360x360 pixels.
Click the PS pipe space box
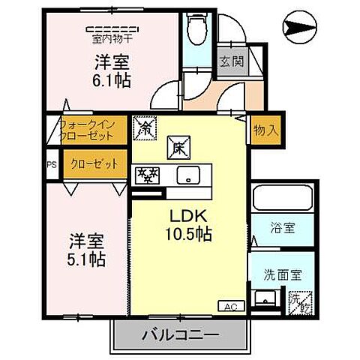(x=52, y=165)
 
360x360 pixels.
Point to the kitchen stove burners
(x=145, y=175)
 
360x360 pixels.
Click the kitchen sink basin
(x=188, y=175)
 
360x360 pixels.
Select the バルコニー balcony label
(x=179, y=334)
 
